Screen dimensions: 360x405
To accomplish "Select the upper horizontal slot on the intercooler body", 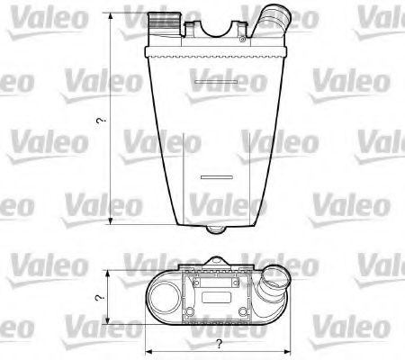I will point(215,85).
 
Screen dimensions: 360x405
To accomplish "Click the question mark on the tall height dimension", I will point(102,121).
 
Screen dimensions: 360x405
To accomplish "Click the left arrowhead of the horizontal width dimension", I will point(148,351).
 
